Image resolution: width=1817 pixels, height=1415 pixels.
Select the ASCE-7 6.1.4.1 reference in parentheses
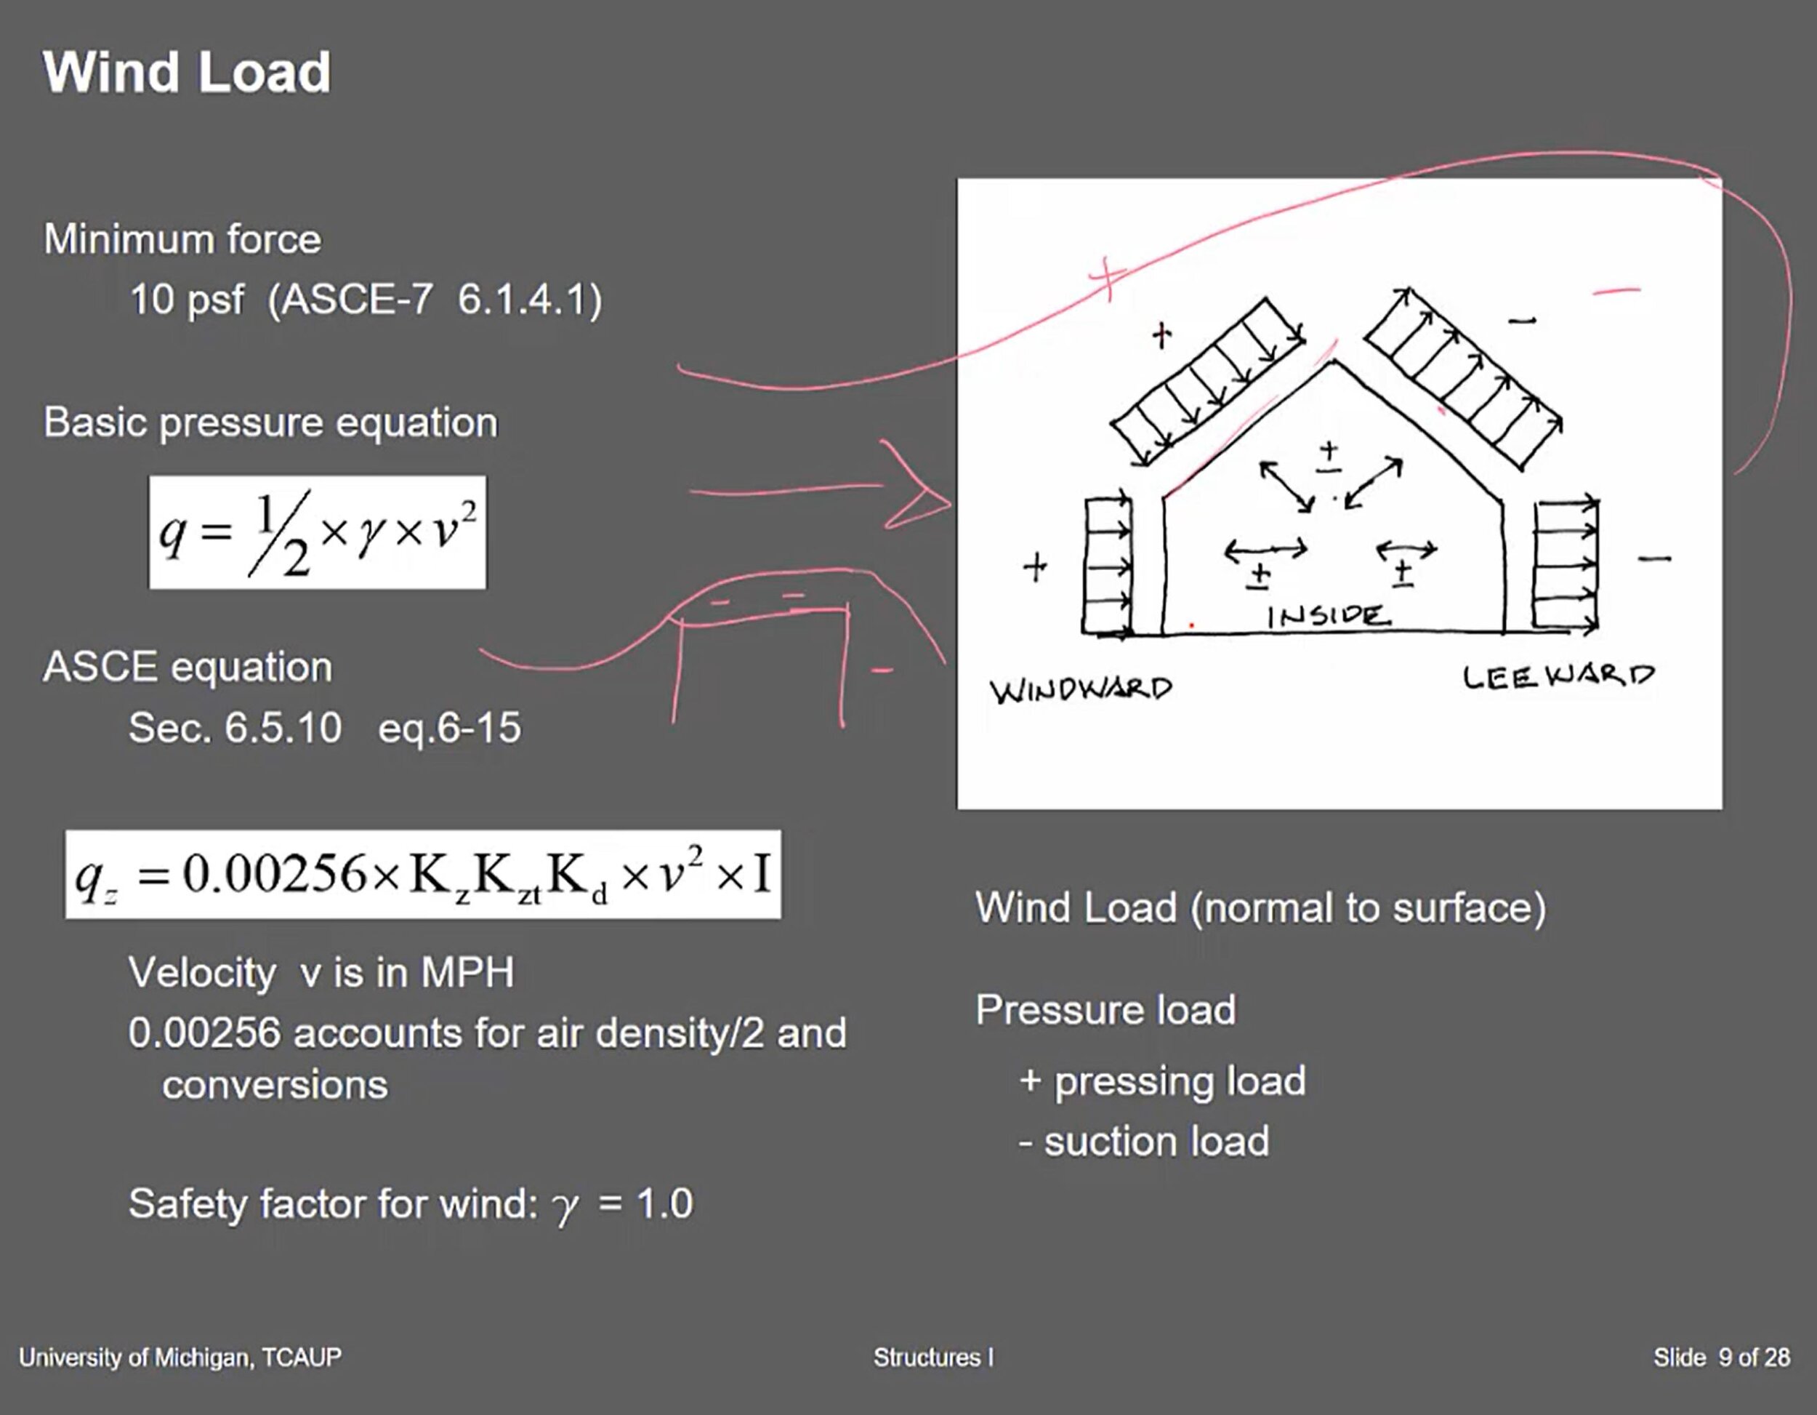[x=435, y=300]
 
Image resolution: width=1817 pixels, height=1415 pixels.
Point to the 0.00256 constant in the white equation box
[x=275, y=875]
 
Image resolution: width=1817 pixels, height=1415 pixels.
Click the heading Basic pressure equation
[x=270, y=423]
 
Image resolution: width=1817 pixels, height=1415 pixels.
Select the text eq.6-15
[x=449, y=729]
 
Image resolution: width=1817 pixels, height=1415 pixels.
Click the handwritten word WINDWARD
[x=1080, y=689]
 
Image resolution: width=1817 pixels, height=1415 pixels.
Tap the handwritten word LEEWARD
[x=1558, y=677]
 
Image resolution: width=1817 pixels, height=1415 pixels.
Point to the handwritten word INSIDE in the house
[x=1328, y=616]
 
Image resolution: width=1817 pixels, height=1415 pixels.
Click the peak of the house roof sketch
[x=1334, y=362]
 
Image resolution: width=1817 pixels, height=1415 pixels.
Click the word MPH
[x=467, y=972]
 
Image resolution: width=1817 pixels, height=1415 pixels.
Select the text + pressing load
[x=1162, y=1081]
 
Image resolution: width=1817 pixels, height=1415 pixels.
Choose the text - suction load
[x=1144, y=1141]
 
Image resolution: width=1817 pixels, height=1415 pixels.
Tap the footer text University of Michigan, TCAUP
[x=180, y=1358]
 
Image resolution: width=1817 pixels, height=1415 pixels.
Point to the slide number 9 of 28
[x=1754, y=1358]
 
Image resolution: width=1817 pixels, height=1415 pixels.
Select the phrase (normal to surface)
[x=1368, y=908]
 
